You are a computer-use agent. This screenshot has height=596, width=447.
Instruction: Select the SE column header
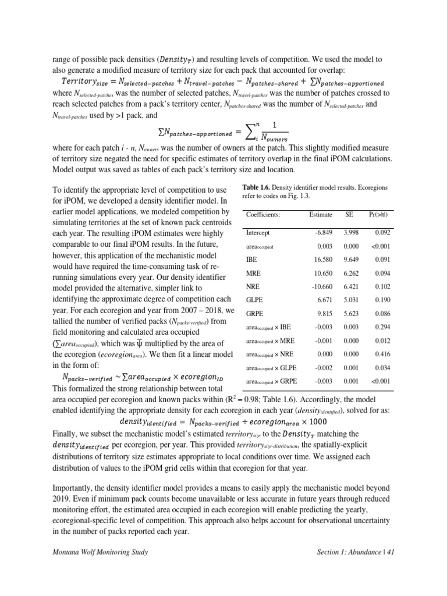coord(349,215)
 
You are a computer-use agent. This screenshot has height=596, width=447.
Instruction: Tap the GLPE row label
coord(254,300)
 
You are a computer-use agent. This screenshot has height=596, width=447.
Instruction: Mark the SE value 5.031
coord(350,300)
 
